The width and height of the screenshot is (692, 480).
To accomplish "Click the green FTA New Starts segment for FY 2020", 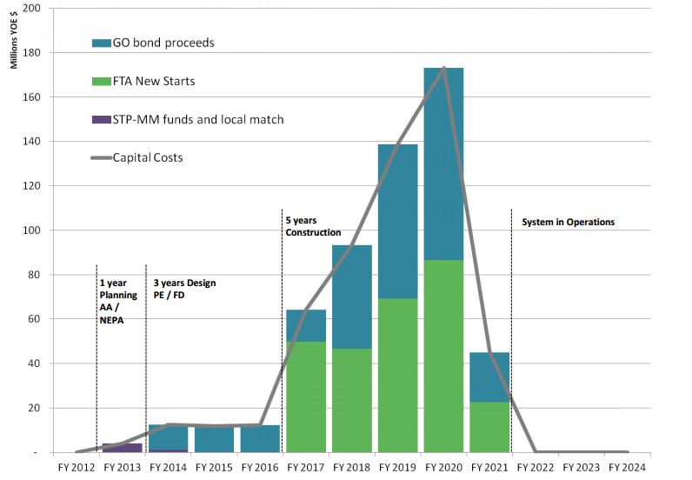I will [442, 356].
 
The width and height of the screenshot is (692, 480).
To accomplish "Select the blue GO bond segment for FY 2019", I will [397, 221].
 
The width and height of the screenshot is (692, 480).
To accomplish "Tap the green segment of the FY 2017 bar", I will [306, 397].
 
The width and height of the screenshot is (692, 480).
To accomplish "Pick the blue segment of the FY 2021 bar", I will [489, 377].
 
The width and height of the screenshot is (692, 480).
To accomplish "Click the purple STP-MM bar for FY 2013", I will [123, 448].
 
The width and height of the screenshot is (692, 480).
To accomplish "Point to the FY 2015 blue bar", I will [214, 439].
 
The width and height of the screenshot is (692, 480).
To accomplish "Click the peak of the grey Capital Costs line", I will [444, 68].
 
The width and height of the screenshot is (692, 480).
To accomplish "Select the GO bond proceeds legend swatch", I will [101, 43].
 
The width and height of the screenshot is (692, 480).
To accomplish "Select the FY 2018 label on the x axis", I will [351, 467].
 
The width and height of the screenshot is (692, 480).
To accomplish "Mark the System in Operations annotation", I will [568, 223].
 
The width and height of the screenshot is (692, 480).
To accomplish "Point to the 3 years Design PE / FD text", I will [184, 290].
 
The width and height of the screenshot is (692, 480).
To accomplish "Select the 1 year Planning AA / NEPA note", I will [119, 301].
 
